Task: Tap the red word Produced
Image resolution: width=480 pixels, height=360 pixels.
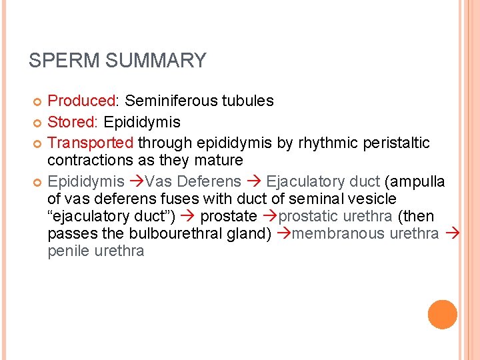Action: (81, 101)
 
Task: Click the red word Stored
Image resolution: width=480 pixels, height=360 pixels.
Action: (73, 123)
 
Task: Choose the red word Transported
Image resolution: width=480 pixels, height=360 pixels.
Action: (91, 143)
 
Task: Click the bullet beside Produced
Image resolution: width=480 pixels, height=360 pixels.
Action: (37, 101)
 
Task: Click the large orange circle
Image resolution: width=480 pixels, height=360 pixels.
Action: (442, 315)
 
